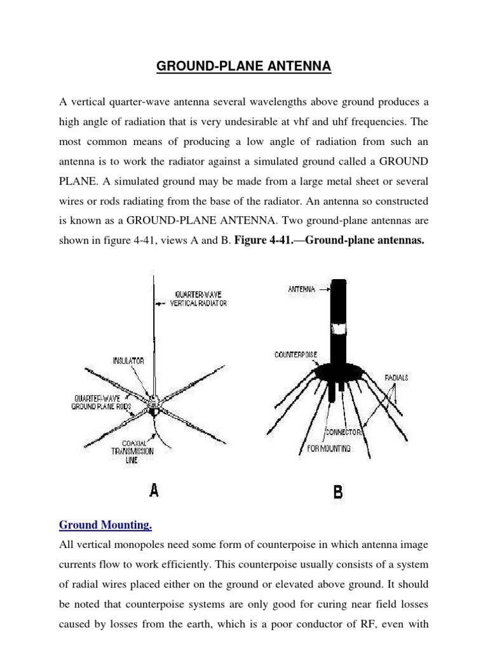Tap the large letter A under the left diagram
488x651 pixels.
coord(154,490)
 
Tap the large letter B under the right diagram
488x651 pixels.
coord(338,491)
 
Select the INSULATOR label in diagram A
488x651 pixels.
coord(128,360)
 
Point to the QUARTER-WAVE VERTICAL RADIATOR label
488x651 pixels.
coord(198,299)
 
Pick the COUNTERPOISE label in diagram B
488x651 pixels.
coord(295,354)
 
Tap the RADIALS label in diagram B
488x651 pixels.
coord(396,378)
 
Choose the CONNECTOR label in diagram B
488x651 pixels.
coord(343,432)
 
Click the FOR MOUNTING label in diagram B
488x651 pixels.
coord(325,448)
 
